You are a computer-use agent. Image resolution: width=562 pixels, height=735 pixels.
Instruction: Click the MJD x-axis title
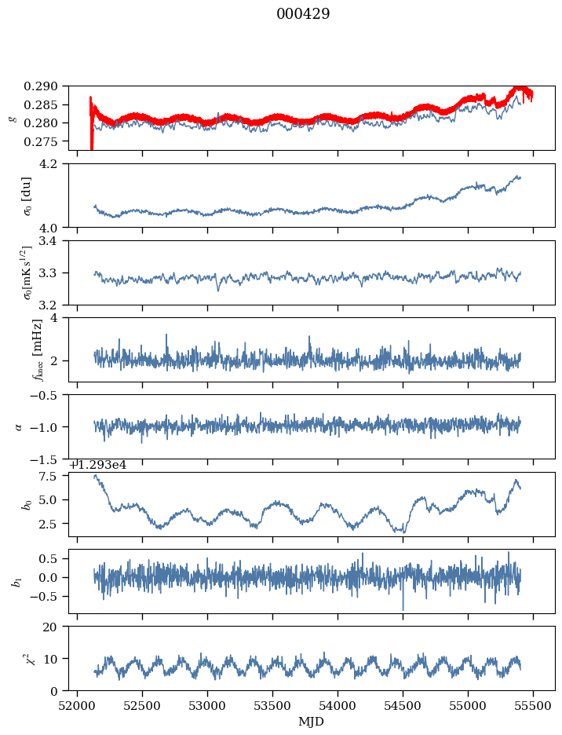[x=312, y=721]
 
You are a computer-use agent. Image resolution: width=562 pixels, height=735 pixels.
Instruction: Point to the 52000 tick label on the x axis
[x=77, y=705]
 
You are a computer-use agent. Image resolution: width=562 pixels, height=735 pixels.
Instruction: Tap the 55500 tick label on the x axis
[x=534, y=705]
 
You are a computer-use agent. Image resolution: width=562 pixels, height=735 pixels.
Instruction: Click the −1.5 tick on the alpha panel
[x=49, y=459]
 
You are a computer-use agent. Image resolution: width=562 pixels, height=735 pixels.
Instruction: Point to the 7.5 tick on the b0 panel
[x=53, y=477]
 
